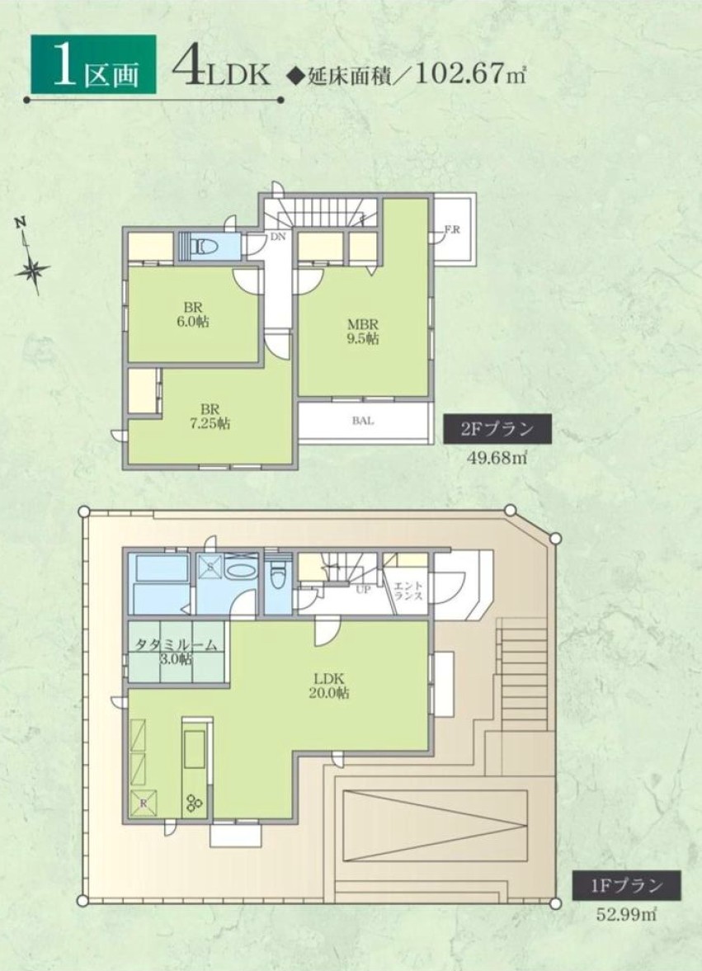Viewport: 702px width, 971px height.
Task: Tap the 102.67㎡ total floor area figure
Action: point(470,74)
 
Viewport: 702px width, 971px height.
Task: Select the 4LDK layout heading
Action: point(222,69)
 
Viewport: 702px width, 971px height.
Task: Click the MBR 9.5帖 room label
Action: point(363,332)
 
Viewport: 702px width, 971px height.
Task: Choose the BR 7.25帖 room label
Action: point(210,417)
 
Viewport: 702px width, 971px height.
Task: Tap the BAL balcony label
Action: point(363,421)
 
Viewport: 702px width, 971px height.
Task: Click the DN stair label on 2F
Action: point(277,237)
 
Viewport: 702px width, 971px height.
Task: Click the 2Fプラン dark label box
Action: point(497,429)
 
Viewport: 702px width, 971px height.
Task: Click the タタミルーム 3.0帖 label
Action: point(177,652)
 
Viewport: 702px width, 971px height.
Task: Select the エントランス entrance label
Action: point(408,590)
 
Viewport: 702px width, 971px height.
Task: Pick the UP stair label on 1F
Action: point(363,589)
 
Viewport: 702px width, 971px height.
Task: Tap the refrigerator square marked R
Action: point(144,804)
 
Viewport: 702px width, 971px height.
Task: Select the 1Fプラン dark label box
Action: point(626,885)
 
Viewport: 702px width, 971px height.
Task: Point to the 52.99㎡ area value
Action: point(626,915)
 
